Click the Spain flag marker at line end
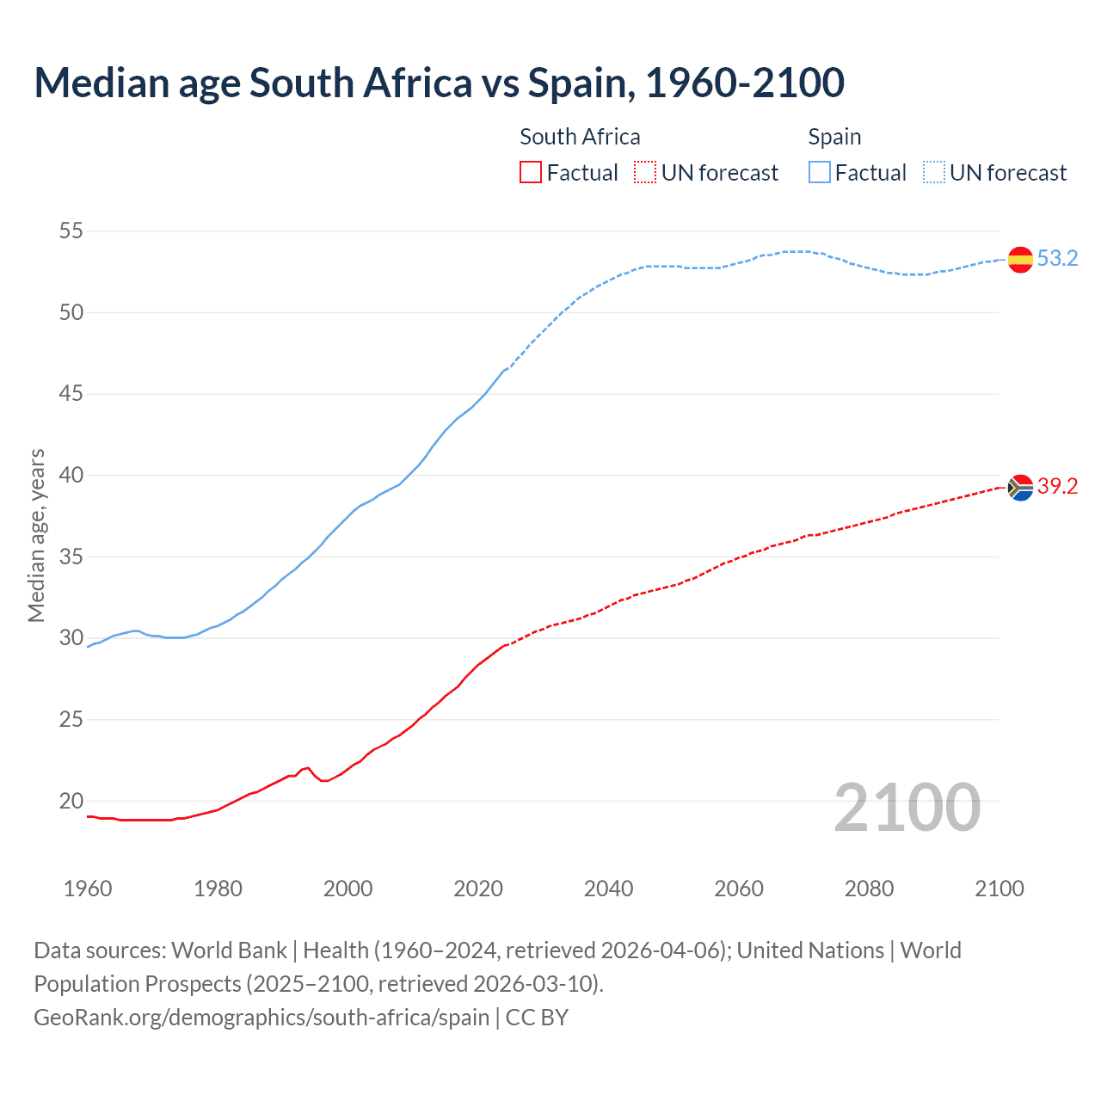[x=1020, y=259]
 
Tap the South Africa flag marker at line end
[x=1020, y=487]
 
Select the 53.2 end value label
[x=1057, y=259]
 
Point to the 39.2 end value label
[x=1057, y=487]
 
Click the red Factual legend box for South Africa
[x=531, y=173]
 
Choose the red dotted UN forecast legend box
[x=645, y=173]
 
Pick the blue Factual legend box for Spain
[x=820, y=173]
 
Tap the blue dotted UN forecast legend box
[x=934, y=173]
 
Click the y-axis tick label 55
[x=71, y=231]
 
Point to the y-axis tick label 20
[x=71, y=801]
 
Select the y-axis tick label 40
[x=71, y=475]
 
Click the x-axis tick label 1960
[x=88, y=889]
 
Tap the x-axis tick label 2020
[x=478, y=889]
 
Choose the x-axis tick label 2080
[x=869, y=889]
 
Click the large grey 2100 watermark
[x=907, y=807]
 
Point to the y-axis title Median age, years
[x=36, y=535]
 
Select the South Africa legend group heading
[x=580, y=137]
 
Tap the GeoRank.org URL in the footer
[x=261, y=1017]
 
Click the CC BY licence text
[x=537, y=1017]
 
